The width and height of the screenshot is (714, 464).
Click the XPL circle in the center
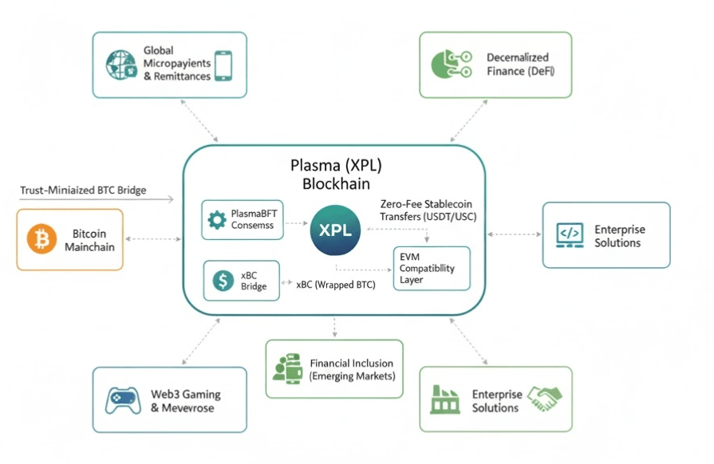pos(335,230)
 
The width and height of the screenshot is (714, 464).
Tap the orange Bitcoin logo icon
pos(41,239)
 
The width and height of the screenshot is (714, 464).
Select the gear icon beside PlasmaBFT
pos(216,219)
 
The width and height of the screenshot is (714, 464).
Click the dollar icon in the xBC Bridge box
pos(220,280)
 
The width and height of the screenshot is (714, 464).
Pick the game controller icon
pos(124,400)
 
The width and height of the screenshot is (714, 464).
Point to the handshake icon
pos(546,395)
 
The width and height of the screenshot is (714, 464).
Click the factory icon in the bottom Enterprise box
pos(446,399)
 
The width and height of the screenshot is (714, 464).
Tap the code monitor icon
pos(570,234)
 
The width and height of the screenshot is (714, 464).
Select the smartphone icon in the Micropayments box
pos(224,65)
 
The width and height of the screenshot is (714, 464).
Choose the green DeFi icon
pos(448,65)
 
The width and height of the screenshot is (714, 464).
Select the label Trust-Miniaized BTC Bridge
pos(94,191)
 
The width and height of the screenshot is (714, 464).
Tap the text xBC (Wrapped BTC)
pos(336,284)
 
